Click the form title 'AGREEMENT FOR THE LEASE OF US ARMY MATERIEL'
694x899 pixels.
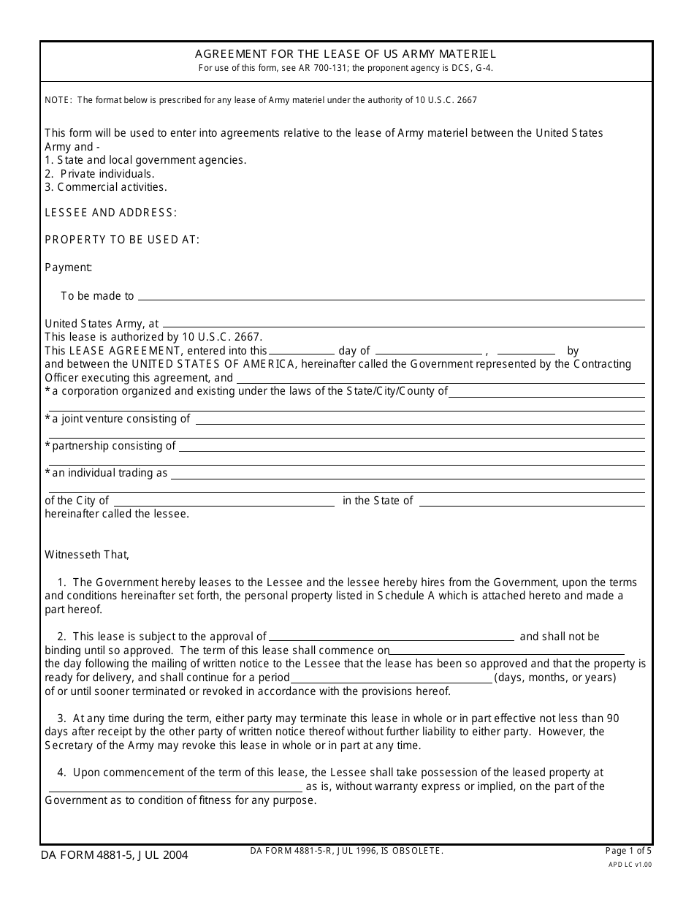[346, 54]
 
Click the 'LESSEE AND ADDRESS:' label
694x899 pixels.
[110, 213]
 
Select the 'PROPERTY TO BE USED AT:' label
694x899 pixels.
[122, 240]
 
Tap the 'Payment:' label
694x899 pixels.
[68, 268]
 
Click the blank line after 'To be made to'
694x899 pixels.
[391, 297]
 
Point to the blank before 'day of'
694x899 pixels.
[302, 351]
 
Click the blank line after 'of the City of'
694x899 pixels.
[224, 502]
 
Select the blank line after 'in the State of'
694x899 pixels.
[532, 502]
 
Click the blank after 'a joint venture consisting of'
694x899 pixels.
[419, 420]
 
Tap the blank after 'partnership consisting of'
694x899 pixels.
[411, 447]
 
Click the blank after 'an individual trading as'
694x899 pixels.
[408, 474]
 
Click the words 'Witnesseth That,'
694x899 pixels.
[87, 555]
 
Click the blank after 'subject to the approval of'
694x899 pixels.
[391, 638]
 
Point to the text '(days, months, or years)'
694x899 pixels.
[555, 678]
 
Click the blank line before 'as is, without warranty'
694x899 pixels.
[175, 788]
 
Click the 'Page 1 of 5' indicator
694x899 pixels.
[628, 851]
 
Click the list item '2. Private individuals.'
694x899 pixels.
[99, 174]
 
